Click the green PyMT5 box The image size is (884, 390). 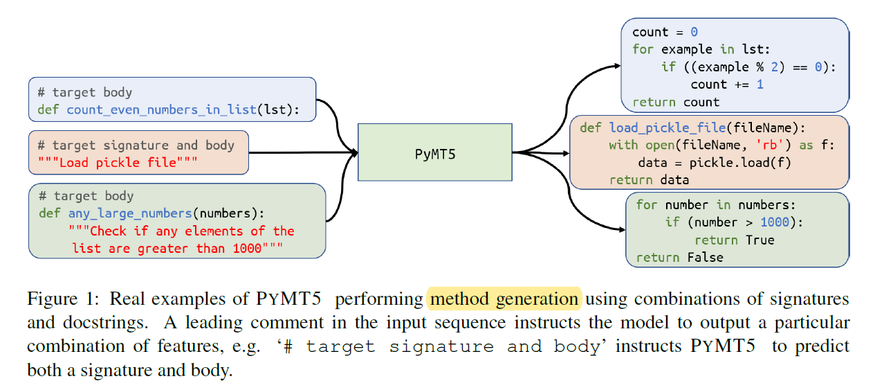434,152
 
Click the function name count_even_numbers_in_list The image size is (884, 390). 162,110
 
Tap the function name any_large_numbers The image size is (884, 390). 129,213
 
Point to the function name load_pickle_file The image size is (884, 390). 667,127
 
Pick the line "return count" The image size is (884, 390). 675,102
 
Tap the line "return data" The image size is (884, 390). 649,180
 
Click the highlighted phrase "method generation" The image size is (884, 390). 505,299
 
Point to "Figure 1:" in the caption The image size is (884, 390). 64,299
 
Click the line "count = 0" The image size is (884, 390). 665,32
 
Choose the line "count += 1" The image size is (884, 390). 726,85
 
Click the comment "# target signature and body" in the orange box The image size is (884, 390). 136,145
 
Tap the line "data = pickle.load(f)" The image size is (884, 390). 714,163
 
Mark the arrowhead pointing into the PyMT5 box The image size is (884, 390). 353,152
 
